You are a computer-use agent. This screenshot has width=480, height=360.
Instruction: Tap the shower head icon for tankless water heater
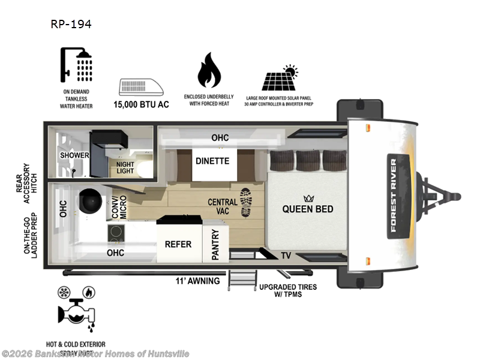(76, 64)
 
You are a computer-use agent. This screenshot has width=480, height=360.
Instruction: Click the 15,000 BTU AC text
(142, 104)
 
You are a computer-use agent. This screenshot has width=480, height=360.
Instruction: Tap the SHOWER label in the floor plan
(74, 155)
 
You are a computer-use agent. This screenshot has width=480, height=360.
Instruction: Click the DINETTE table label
(212, 161)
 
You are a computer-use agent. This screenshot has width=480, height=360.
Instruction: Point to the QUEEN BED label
(308, 209)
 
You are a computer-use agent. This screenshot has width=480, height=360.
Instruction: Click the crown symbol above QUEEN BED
(309, 198)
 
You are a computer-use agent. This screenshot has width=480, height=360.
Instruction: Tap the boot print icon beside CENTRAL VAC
(246, 202)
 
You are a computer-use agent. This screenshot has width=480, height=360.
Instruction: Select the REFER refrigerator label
(178, 244)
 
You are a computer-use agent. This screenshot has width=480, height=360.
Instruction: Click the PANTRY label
(215, 244)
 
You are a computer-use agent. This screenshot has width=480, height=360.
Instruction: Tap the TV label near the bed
(286, 255)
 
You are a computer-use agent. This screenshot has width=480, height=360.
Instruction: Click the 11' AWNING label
(197, 281)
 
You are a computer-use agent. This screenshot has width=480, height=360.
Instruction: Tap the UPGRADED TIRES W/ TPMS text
(288, 291)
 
